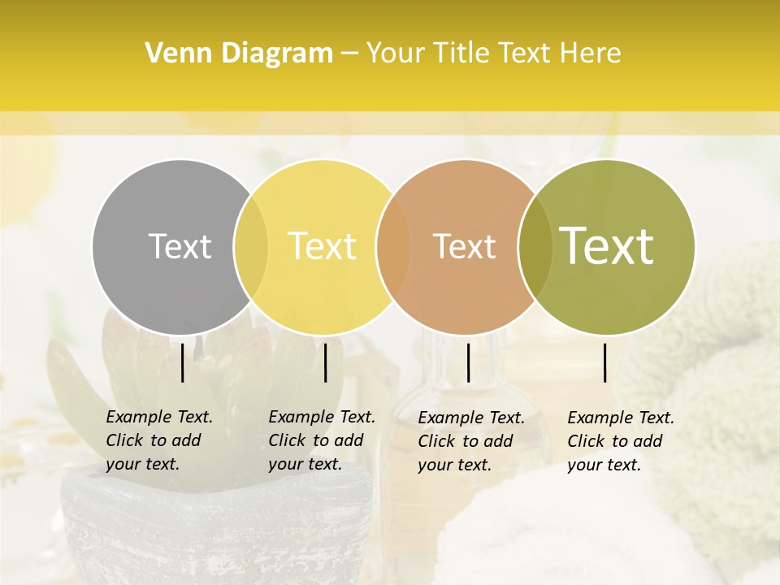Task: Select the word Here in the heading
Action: (x=591, y=54)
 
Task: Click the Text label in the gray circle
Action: (x=180, y=246)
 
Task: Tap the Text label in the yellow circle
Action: (x=323, y=246)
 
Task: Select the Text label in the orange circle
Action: (x=464, y=246)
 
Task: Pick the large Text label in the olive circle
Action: (x=607, y=246)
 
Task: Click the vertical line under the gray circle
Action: (x=183, y=362)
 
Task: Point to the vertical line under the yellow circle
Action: (x=325, y=362)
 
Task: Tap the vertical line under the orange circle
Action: (x=468, y=362)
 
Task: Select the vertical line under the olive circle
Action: (x=605, y=362)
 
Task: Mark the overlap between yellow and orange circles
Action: (x=392, y=246)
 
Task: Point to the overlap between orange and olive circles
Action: (x=533, y=246)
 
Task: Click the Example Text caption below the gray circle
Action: (x=159, y=440)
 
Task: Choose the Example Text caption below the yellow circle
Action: (x=322, y=440)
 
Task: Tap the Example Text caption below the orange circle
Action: (x=471, y=441)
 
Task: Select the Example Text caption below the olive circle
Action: (x=621, y=441)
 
